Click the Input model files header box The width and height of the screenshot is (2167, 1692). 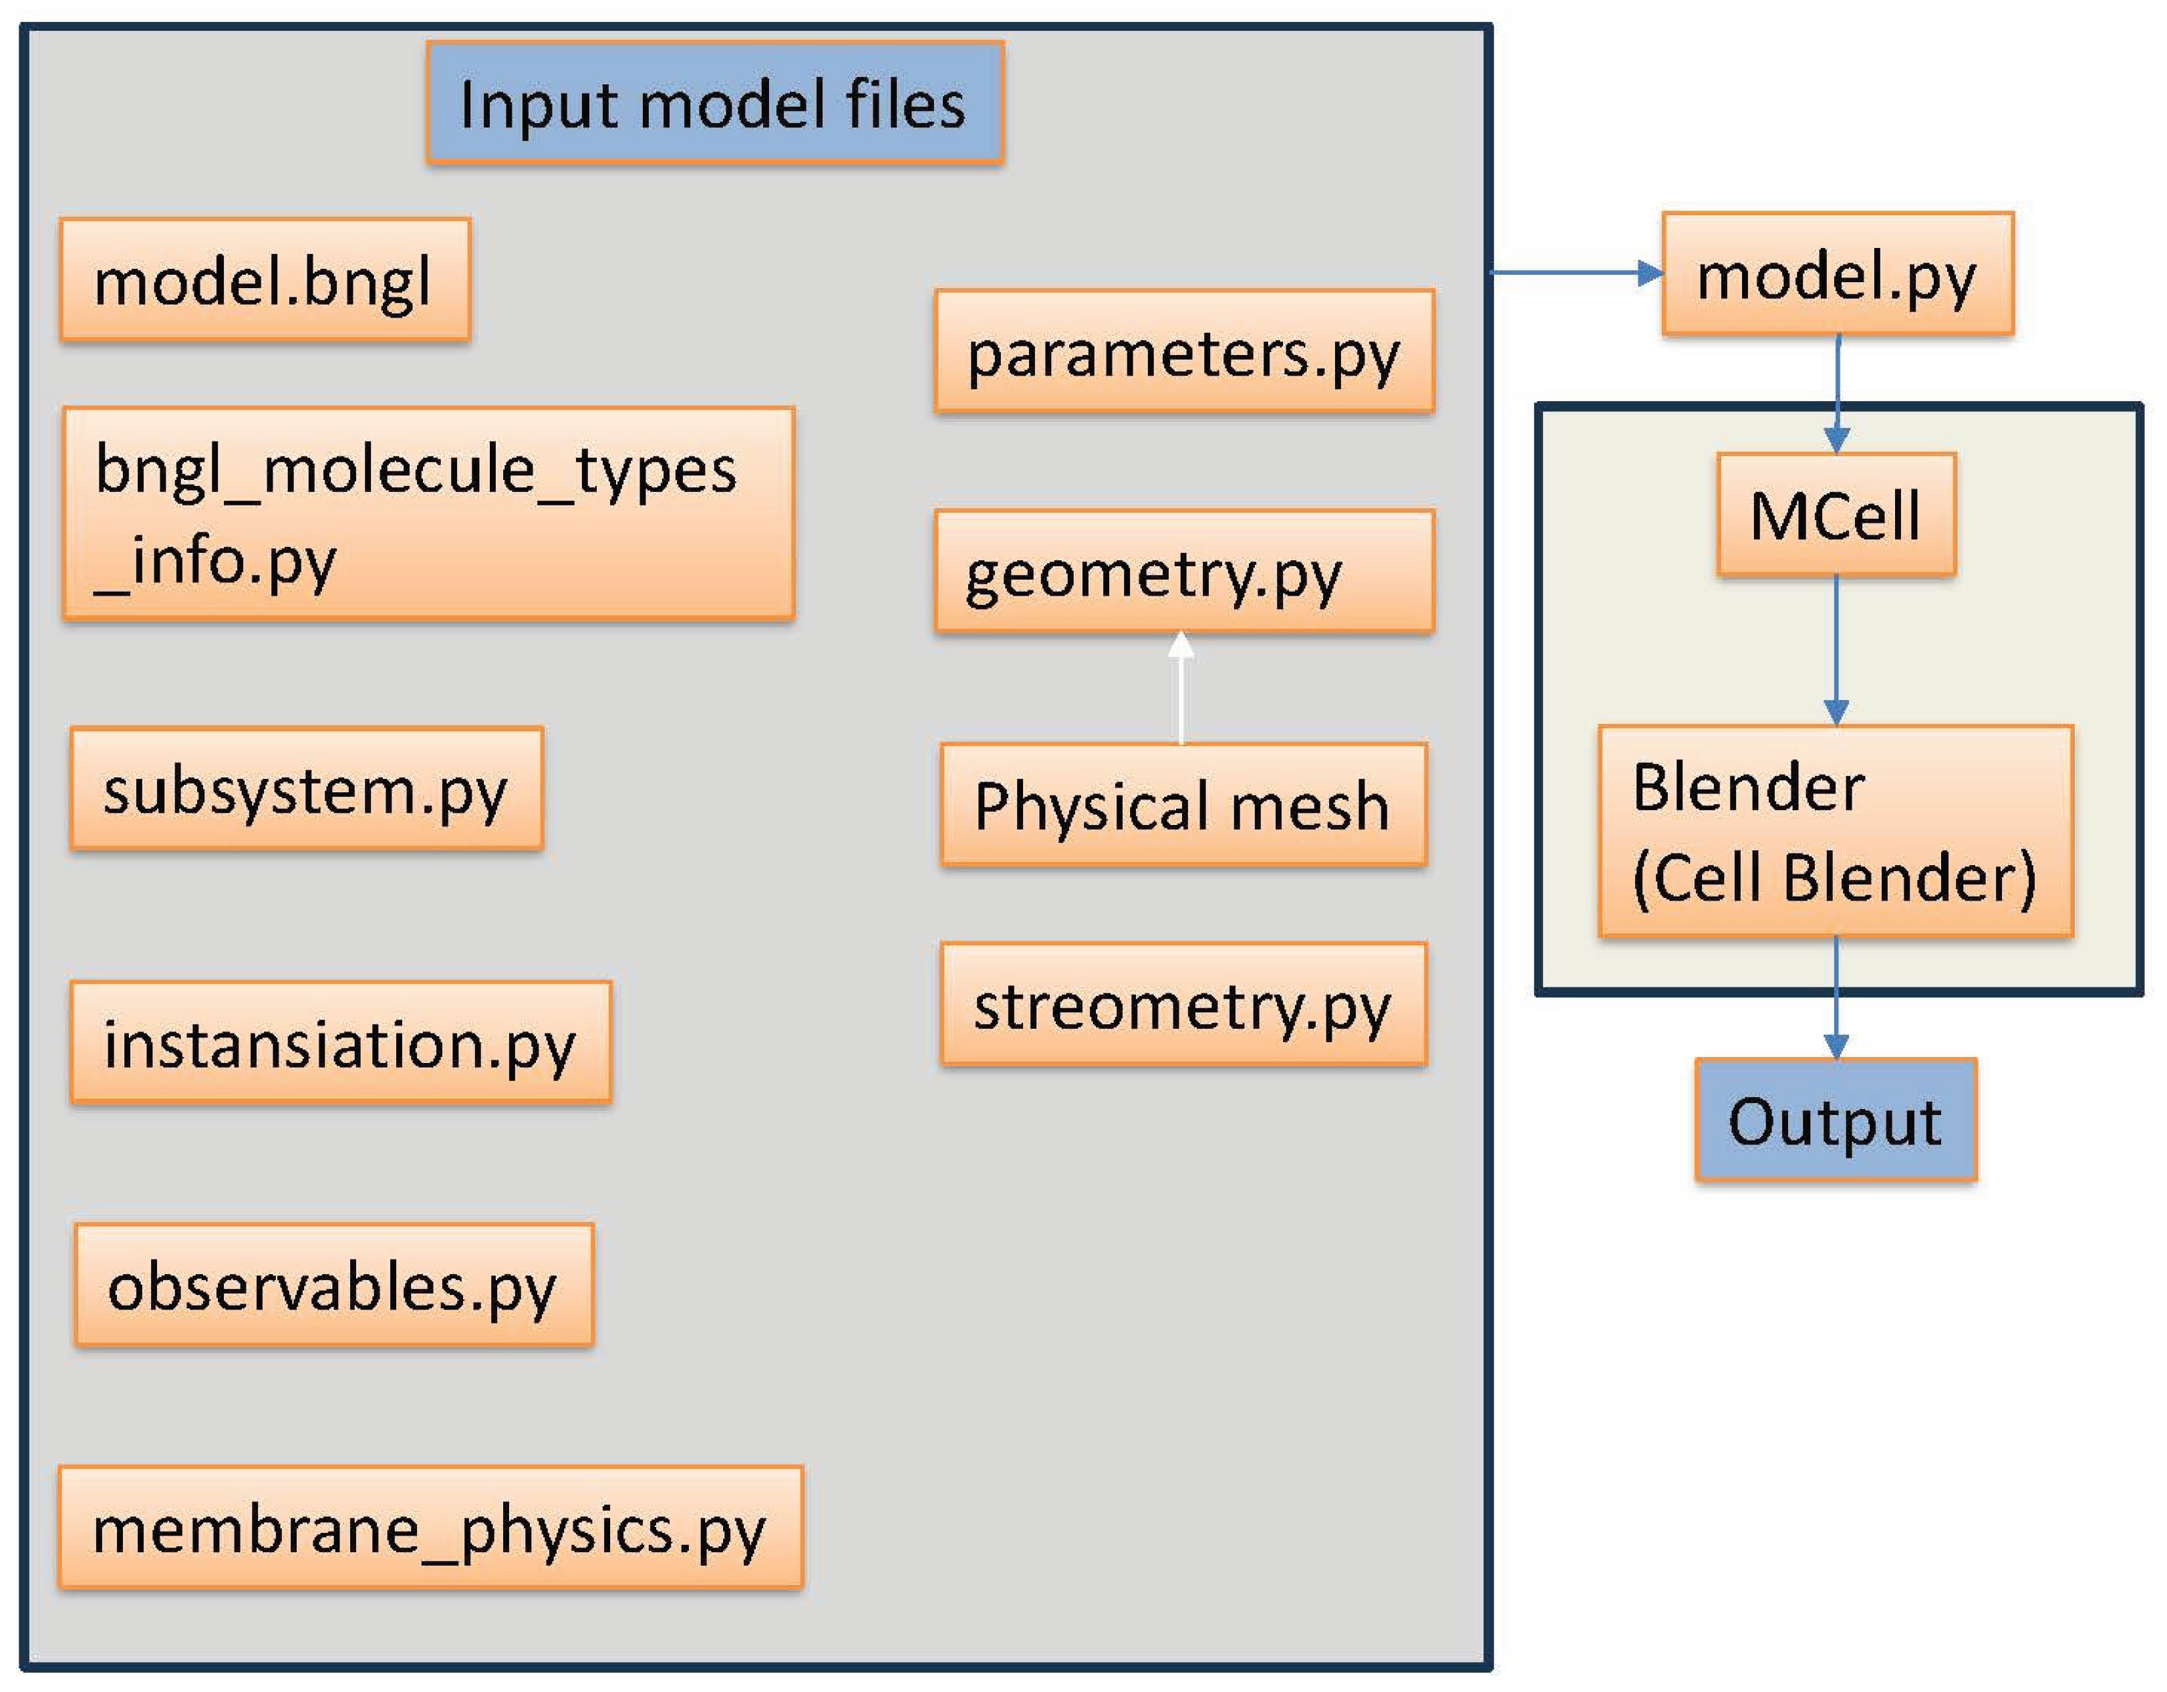(714, 103)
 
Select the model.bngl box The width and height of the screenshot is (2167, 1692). (265, 281)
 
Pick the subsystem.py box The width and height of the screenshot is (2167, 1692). (307, 789)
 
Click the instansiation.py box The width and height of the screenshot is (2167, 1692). (340, 1042)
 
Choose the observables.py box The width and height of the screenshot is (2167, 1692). (334, 1285)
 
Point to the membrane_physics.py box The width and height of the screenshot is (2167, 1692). (430, 1528)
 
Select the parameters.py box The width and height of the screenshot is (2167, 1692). (1183, 351)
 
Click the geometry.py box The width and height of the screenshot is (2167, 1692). (1183, 572)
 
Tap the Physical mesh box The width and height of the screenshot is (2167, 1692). (1183, 805)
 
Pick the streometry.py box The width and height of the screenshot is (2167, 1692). (1183, 1004)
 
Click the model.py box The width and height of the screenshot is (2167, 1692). (1838, 274)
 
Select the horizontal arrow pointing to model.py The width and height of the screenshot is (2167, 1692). (1578, 272)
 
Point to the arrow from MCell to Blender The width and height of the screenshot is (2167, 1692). (1837, 650)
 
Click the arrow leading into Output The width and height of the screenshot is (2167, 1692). (1837, 998)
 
